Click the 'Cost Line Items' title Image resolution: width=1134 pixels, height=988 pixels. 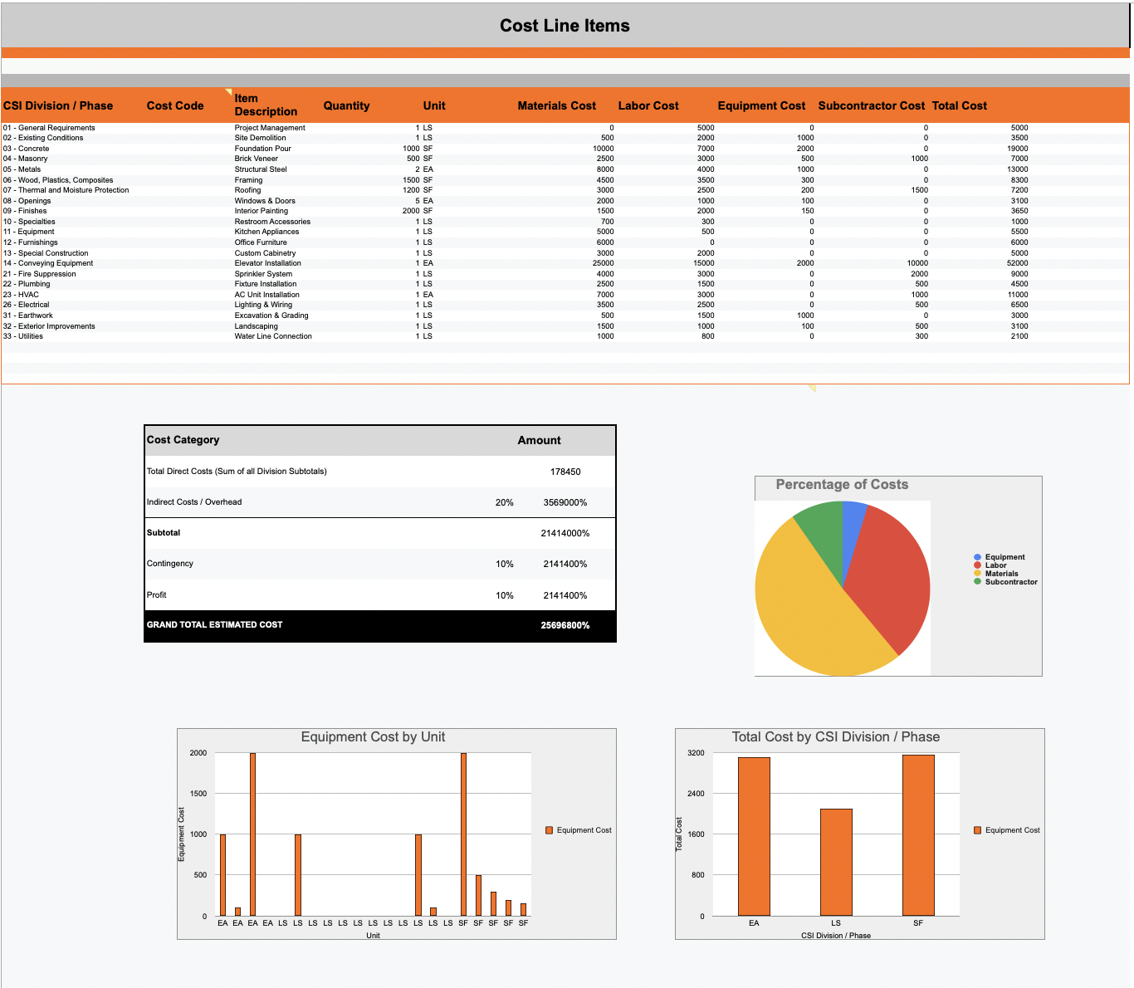tap(565, 26)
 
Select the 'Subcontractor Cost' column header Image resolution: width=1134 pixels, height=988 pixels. tap(871, 105)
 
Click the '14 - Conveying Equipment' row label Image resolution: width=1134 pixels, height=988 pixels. tap(48, 263)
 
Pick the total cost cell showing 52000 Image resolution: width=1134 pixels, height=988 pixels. tap(1017, 263)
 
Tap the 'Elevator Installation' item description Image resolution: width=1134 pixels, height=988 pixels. tap(267, 263)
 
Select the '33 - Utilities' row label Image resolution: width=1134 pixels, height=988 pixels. tap(23, 336)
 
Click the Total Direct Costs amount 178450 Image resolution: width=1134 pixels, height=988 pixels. tap(565, 472)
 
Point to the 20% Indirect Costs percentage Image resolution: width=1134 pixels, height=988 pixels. tap(504, 502)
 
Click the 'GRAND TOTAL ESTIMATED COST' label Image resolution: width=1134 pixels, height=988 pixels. tap(214, 624)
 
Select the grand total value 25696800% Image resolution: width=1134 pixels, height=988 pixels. tap(565, 625)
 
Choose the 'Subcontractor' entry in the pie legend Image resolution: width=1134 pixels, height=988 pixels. tap(1010, 582)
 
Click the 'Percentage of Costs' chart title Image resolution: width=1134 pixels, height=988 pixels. tap(842, 485)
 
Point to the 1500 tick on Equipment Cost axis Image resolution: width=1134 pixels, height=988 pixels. tap(198, 794)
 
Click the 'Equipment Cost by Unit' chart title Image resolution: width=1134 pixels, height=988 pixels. tap(373, 737)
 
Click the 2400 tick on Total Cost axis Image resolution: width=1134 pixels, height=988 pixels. tap(696, 794)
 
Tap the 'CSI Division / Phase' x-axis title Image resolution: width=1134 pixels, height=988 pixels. tap(836, 936)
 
